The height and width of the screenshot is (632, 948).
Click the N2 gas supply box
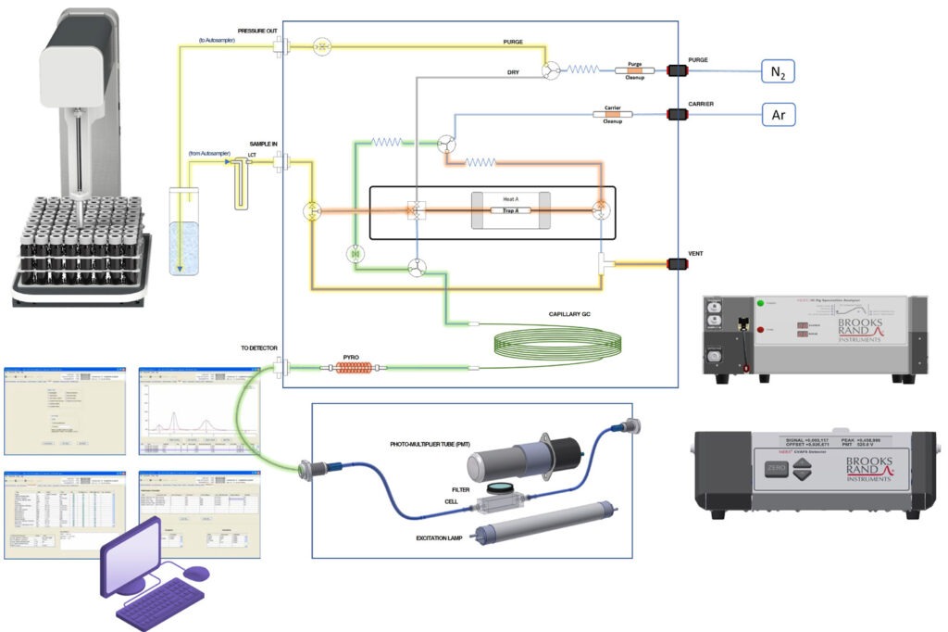778,71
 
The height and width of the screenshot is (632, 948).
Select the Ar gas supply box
778,115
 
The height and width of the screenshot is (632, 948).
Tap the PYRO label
351,356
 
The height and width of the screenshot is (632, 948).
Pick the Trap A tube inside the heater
511,210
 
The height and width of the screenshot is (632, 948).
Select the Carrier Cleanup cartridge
612,115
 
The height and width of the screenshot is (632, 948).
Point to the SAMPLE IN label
265,145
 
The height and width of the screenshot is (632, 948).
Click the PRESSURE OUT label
259,31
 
